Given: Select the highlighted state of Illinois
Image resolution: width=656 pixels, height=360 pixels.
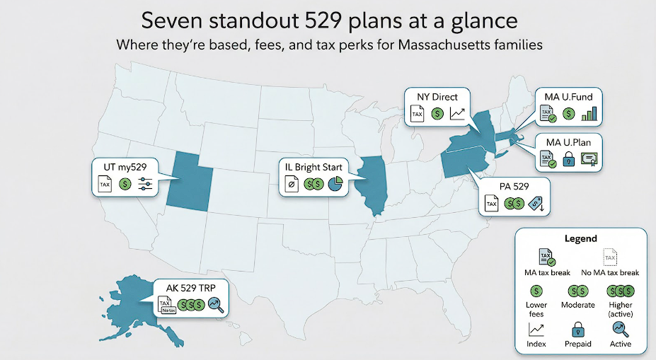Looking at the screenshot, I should (x=374, y=185).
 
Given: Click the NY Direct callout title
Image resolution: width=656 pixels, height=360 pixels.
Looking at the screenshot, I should (x=437, y=96).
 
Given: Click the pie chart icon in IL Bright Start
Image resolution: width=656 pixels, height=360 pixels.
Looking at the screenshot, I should (x=335, y=185).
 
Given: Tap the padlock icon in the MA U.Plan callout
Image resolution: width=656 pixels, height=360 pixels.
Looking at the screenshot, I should (x=568, y=160).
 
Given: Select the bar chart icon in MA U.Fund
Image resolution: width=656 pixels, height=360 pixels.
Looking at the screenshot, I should (x=589, y=114).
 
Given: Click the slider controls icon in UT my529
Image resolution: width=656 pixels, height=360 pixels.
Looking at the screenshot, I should (x=146, y=185).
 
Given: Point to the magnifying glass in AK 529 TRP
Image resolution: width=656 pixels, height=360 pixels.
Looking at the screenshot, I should (x=217, y=306).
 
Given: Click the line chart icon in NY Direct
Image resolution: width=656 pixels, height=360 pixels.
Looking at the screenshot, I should (x=458, y=113).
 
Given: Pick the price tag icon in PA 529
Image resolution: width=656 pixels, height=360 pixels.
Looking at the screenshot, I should (x=539, y=204).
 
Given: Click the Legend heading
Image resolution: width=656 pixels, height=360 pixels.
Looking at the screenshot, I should (x=582, y=239).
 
